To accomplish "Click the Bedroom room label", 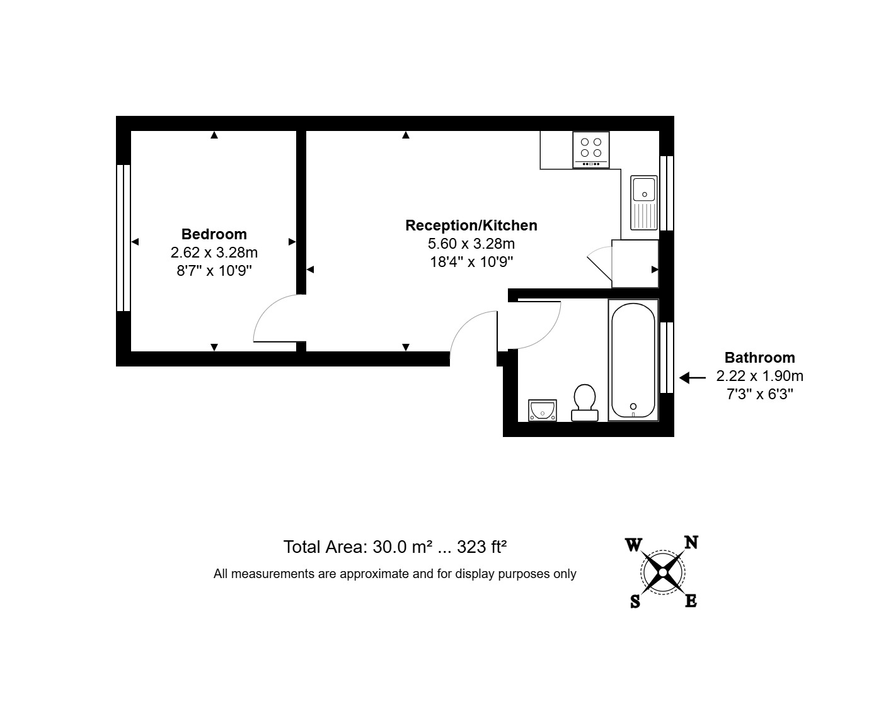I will [x=214, y=234].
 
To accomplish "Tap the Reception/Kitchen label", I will [x=471, y=225].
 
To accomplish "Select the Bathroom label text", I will [x=759, y=358].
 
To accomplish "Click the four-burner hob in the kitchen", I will [x=591, y=150].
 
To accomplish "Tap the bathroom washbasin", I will [x=542, y=410].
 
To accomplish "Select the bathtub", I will [x=633, y=360].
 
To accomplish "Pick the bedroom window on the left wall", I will [x=124, y=238].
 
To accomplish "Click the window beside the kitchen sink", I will [x=667, y=193].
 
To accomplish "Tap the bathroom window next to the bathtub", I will [x=667, y=357].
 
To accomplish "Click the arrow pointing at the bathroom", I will [x=693, y=378].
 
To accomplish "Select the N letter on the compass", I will [x=691, y=542].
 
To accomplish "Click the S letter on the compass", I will [x=635, y=602].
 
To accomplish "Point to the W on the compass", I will [x=633, y=545].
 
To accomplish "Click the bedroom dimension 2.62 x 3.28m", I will [x=214, y=253].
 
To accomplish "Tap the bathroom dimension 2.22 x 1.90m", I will [x=759, y=377].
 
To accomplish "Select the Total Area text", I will [x=395, y=547].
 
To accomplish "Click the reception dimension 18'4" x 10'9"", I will [x=471, y=262].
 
